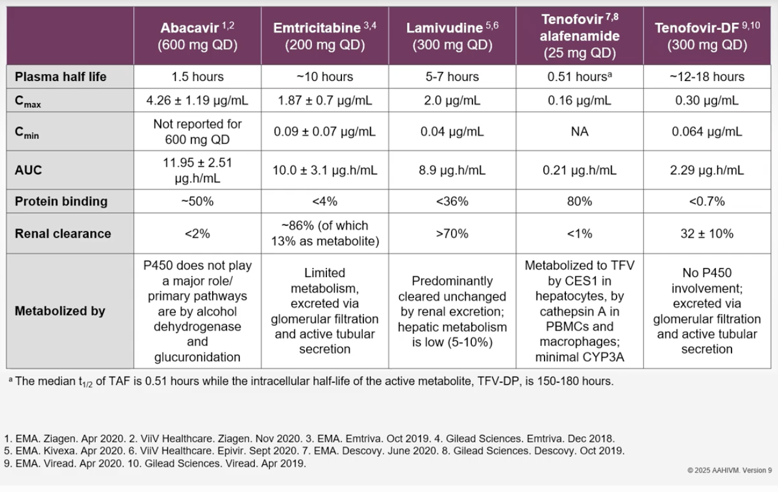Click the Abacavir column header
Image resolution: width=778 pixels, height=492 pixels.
coord(197,36)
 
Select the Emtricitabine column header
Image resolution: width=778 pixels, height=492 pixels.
coord(325,36)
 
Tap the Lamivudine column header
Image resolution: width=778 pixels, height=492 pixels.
coord(452,36)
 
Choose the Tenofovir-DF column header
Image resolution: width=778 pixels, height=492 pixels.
coord(707,36)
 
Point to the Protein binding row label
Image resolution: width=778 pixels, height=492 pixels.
coord(61,201)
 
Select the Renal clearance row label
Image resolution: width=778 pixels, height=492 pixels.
coord(63,233)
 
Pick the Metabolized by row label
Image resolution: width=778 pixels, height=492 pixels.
coord(60,311)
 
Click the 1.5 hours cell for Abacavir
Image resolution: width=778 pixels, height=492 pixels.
coord(197,77)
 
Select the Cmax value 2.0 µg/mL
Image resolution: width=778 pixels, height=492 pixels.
coord(452,101)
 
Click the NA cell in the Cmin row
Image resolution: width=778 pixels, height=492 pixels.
coord(580,132)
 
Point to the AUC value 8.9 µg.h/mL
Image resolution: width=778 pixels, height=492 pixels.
coord(452,170)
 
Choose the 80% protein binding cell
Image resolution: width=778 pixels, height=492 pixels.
coord(580,201)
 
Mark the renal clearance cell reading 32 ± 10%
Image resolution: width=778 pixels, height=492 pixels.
coord(707,233)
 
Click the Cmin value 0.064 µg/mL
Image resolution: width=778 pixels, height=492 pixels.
coord(707,132)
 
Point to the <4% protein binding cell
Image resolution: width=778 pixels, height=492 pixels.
coord(325,201)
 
